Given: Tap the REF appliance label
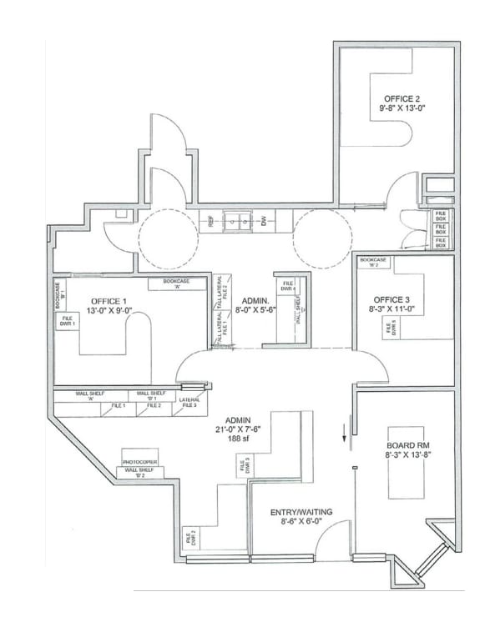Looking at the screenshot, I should [x=211, y=222].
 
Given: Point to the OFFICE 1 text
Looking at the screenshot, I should [x=109, y=301].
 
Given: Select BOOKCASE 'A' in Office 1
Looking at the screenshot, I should [x=176, y=283].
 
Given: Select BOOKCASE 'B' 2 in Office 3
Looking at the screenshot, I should [x=372, y=263].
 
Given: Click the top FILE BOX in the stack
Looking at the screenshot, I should [x=441, y=216].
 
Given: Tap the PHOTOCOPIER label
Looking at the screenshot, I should [x=139, y=461].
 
